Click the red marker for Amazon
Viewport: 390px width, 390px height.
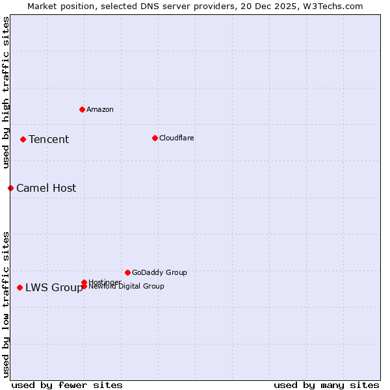(82, 109)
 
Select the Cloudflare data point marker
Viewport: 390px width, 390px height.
(155, 138)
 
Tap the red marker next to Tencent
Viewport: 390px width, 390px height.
(23, 139)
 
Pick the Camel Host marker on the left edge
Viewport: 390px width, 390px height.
(10, 188)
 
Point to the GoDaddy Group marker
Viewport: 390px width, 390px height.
(127, 272)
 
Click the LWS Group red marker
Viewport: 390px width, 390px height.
(20, 287)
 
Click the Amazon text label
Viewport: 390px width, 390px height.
(100, 109)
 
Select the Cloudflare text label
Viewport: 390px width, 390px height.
(177, 138)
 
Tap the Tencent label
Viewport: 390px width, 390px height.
(49, 139)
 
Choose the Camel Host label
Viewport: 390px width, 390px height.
(46, 188)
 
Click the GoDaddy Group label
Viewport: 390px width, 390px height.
(159, 272)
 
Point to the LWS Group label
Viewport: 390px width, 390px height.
(54, 287)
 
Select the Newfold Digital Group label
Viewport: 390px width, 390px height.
(126, 286)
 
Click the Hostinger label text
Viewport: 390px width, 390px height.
(105, 281)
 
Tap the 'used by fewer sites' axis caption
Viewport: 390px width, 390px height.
(67, 385)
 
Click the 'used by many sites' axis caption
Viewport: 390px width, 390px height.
(326, 385)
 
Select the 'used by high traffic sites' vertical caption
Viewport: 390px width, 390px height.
(6, 92)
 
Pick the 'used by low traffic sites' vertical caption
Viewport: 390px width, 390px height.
(6, 304)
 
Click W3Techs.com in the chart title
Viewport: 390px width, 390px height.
(331, 6)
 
